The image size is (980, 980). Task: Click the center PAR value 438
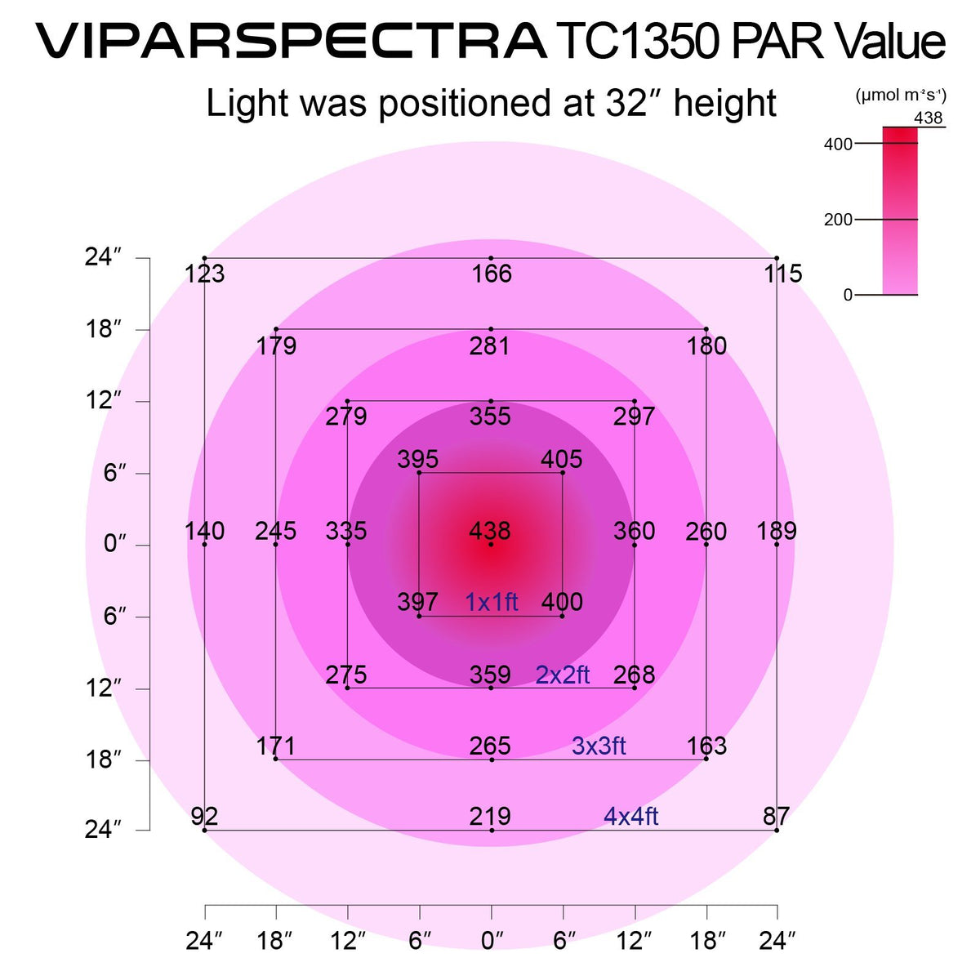click(490, 531)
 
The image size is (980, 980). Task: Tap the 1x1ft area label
click(492, 602)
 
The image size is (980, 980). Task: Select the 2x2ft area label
click(563, 675)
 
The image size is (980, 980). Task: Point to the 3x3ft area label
click(599, 746)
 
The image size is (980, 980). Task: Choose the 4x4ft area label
click(630, 816)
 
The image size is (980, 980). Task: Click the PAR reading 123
click(204, 274)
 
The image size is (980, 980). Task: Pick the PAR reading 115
click(782, 274)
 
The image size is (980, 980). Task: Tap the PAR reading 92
click(204, 816)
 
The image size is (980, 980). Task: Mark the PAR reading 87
click(776, 816)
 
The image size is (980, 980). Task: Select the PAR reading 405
click(562, 460)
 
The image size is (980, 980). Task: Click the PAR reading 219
click(490, 816)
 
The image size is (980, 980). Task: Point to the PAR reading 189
click(776, 531)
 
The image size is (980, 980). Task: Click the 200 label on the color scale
click(838, 220)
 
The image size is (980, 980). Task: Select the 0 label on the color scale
click(848, 295)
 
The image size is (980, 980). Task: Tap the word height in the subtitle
click(725, 104)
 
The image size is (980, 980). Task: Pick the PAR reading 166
click(492, 274)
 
